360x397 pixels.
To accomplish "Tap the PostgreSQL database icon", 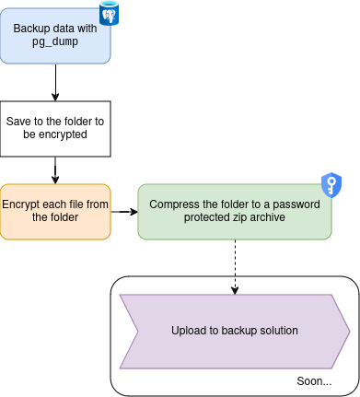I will click(110, 14).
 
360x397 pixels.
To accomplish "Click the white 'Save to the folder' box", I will click(55, 127).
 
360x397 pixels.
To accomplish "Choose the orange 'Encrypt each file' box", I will click(55, 212).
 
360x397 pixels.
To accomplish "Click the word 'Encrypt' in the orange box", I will click(23, 204).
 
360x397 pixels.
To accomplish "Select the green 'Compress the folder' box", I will click(234, 212).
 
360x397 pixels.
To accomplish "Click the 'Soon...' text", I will click(315, 380).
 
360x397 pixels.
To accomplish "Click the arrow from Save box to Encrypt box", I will click(55, 169).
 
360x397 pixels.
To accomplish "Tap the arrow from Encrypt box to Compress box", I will click(123, 212).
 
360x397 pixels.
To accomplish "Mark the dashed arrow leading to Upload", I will click(234, 267).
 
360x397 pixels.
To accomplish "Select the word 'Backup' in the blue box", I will click(31, 29).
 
